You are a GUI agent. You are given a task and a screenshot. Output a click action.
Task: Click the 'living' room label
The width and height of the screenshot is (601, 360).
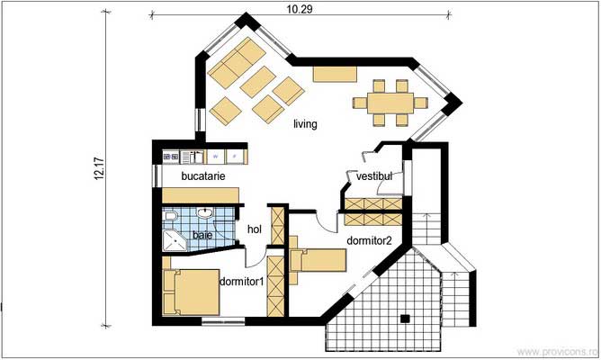[x=305, y=124]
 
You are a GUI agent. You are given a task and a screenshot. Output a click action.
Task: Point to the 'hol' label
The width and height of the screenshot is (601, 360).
[x=254, y=230]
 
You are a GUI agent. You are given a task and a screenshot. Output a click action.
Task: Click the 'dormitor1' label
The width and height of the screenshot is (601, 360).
[x=240, y=282]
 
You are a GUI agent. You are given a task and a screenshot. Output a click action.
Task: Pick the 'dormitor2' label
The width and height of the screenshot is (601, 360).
[x=369, y=240]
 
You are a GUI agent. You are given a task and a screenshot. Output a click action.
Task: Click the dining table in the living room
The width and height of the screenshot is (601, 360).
[x=389, y=101]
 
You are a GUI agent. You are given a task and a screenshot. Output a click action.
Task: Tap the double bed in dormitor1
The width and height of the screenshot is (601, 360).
[x=190, y=291]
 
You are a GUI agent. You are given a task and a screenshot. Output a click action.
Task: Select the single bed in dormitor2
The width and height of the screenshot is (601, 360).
[x=317, y=260]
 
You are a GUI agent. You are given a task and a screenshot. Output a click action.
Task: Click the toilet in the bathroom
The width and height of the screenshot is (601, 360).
[x=170, y=219]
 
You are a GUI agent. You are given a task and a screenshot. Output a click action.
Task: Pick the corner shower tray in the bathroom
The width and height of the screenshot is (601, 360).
[x=171, y=239]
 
